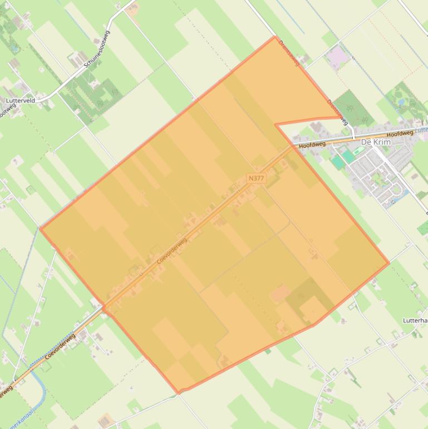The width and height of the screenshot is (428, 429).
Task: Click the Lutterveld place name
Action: coord(21,101)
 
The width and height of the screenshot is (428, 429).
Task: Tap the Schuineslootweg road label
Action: coord(97,49)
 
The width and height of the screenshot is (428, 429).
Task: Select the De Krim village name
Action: coord(376,143)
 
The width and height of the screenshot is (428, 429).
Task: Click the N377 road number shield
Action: coord(256,178)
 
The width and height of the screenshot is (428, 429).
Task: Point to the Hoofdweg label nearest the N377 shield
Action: coord(312,145)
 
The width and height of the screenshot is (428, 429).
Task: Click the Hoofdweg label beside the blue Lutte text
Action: coord(400,134)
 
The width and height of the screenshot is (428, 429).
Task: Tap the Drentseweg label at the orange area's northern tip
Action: coord(289,53)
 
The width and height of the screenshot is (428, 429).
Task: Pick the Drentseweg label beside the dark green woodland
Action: coord(337,112)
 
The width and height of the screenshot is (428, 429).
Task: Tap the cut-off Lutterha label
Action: coord(415,320)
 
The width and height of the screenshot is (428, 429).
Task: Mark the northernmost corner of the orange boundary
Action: coord(275,37)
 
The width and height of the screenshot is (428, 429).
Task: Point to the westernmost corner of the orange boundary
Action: coord(41,228)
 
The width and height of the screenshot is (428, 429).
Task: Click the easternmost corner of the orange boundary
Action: coord(388,264)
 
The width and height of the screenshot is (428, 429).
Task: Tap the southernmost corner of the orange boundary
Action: coord(179,393)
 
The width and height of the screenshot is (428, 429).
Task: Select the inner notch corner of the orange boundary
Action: coord(276,124)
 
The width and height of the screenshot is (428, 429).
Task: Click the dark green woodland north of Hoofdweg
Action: coord(355,109)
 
